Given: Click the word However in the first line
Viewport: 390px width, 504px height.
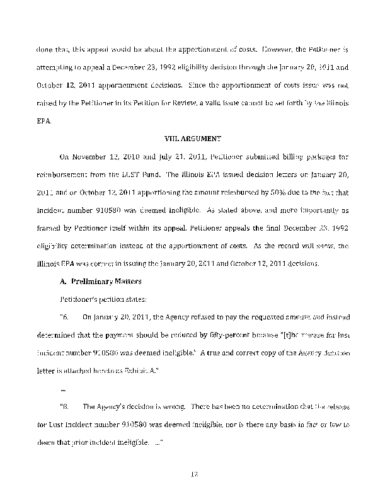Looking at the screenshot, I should point(261,47).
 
